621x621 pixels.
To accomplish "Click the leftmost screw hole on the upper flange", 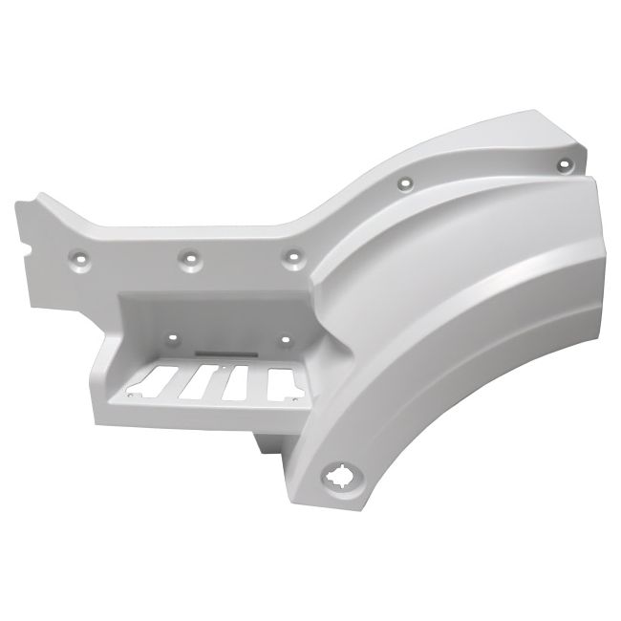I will [x=79, y=257].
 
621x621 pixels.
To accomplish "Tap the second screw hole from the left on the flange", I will [x=191, y=257].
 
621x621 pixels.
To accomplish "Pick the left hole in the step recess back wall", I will [x=172, y=336].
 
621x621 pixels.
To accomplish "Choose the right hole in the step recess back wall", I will [x=286, y=335].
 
